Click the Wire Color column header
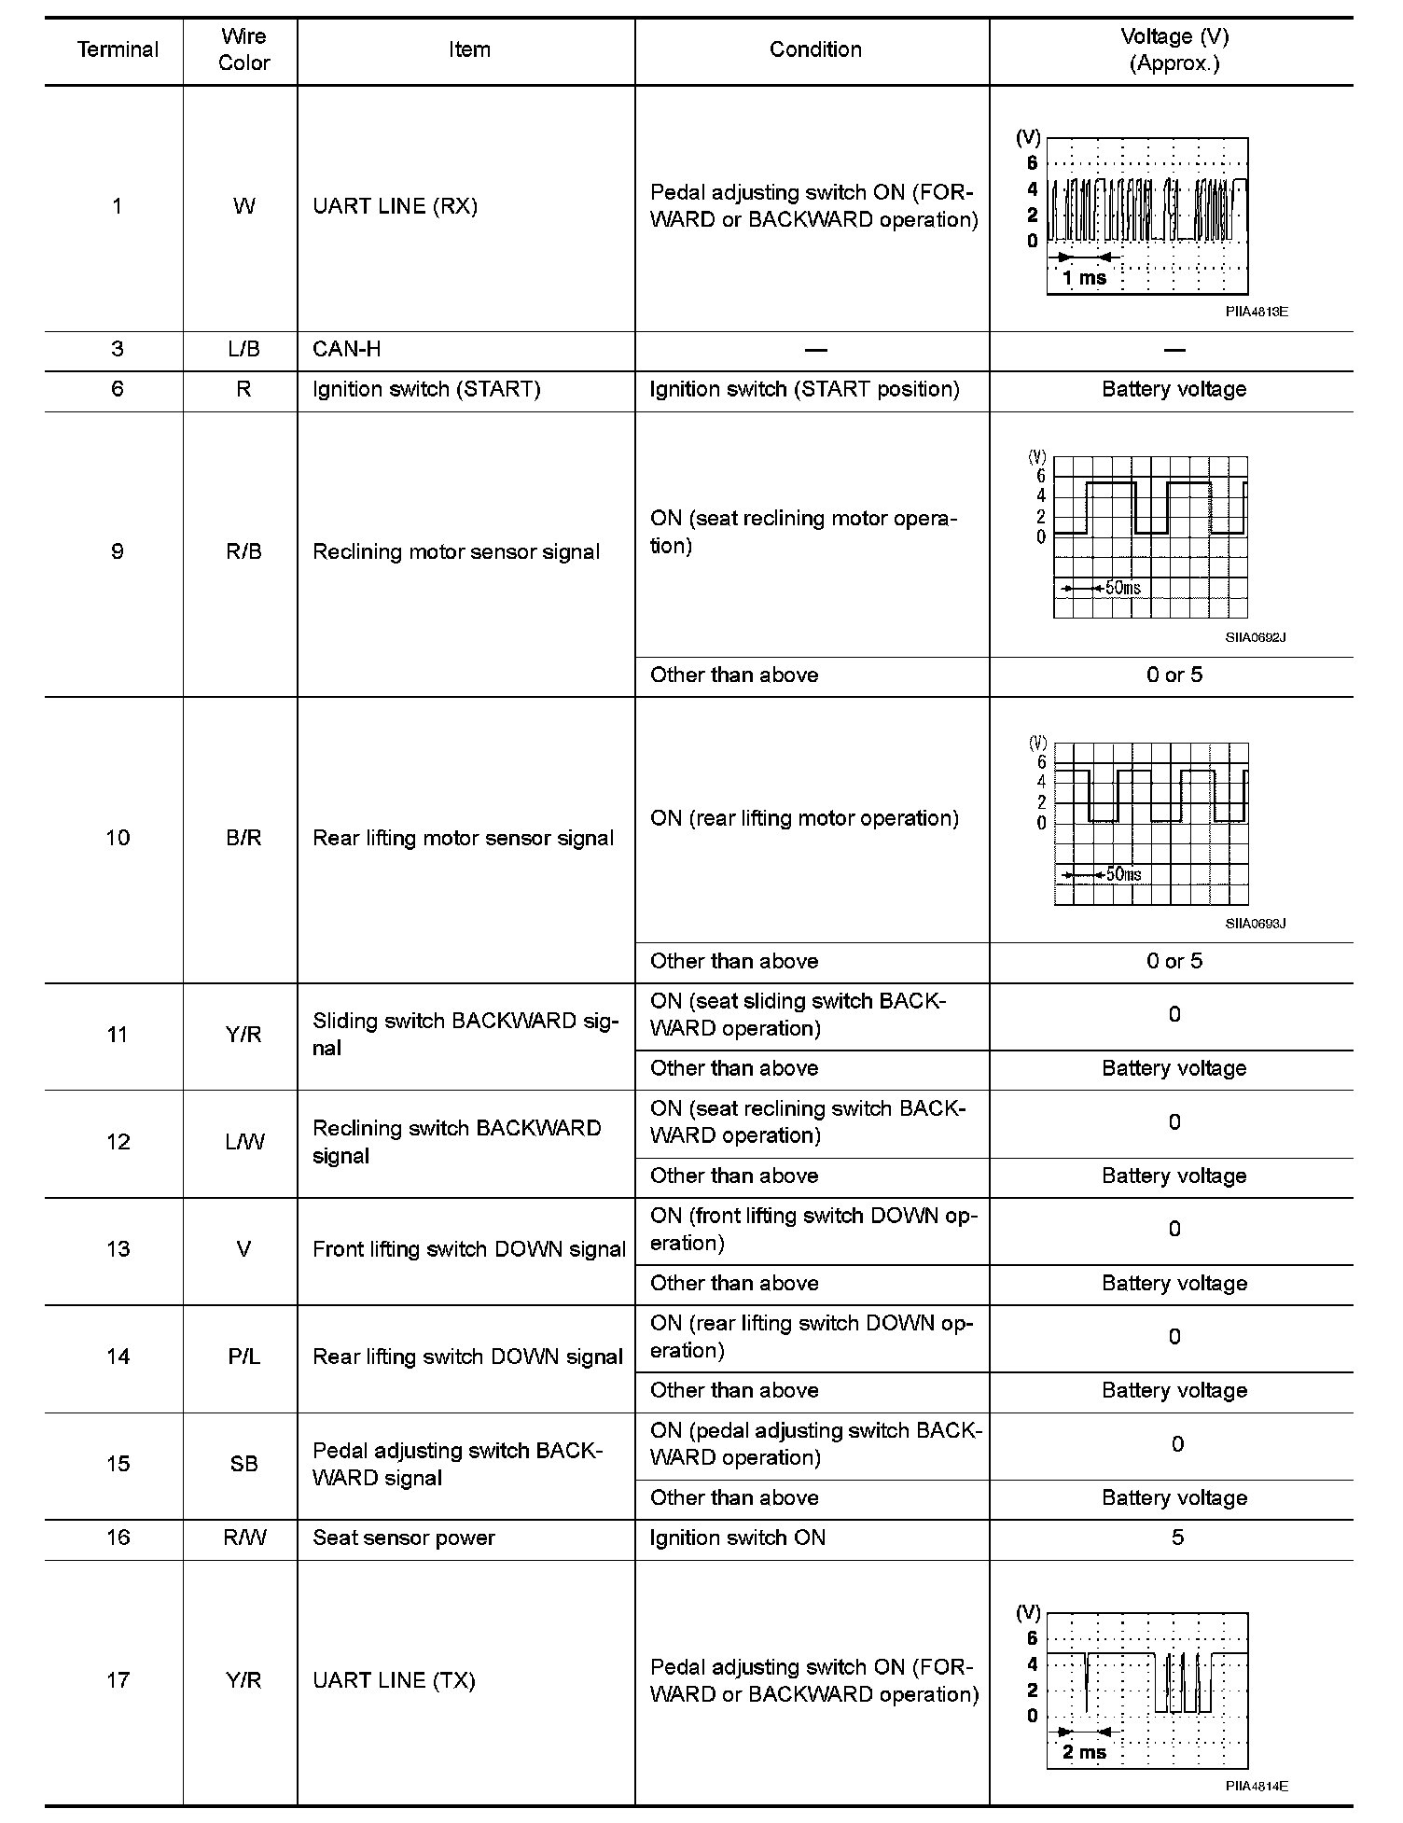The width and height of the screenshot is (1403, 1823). (243, 50)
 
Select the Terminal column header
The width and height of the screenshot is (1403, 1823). (118, 50)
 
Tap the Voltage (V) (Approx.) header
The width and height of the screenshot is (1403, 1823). (1174, 50)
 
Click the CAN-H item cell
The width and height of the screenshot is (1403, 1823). (347, 349)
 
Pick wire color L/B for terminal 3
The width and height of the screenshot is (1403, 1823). (243, 349)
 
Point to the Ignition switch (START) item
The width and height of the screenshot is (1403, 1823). (426, 389)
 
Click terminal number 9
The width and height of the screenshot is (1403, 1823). (118, 551)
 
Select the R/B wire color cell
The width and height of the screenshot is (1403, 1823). (243, 551)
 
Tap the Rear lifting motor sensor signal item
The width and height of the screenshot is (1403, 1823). (463, 838)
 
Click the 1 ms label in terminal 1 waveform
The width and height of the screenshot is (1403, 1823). (1084, 278)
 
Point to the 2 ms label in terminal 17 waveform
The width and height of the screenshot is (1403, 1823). (1084, 1752)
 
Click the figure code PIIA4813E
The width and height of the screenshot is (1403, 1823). (1256, 312)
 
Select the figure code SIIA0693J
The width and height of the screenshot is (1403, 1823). (1256, 924)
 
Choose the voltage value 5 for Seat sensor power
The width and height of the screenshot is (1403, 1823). (1177, 1538)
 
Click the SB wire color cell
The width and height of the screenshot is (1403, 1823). (243, 1464)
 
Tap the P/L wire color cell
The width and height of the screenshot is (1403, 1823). (243, 1357)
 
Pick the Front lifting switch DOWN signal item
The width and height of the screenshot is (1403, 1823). (468, 1249)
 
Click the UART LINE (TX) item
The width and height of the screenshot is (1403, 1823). (394, 1680)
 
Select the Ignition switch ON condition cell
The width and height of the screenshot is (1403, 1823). (737, 1538)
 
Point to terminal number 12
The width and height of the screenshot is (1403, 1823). (118, 1142)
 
